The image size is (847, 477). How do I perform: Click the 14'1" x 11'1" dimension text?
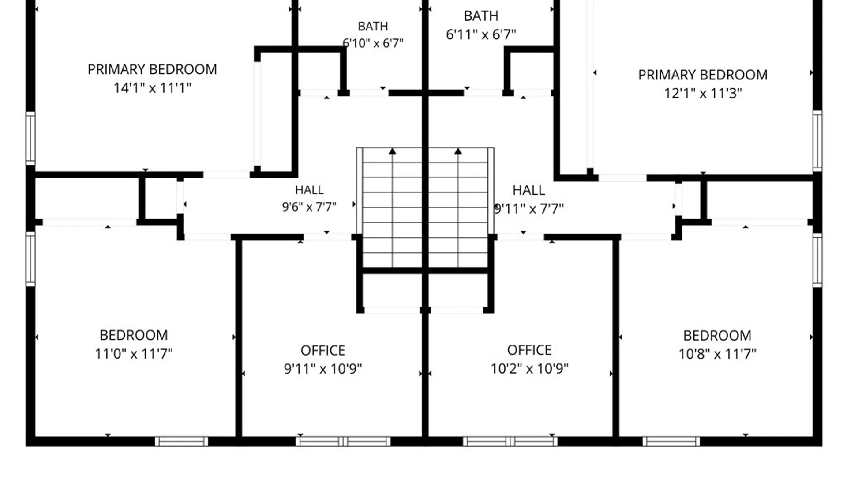[152, 88]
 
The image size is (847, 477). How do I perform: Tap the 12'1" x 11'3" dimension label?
[703, 93]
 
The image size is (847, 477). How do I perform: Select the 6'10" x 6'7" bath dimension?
[373, 43]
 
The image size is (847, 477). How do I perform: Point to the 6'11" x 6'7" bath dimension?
[481, 34]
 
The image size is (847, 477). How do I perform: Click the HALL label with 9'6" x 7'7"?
[309, 190]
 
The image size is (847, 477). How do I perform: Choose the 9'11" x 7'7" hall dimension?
[529, 208]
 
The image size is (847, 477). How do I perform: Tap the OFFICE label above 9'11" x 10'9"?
[323, 350]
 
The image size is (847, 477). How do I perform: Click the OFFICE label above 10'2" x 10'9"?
[529, 350]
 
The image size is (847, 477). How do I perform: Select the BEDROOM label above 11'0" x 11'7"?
[134, 335]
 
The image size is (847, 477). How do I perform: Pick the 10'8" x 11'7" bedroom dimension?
[717, 354]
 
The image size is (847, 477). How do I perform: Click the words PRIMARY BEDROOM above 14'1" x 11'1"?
[152, 69]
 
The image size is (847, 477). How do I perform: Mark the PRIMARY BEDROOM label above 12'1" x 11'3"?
[703, 75]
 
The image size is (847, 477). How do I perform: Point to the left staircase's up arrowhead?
[392, 151]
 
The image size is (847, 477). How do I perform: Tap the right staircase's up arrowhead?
[458, 151]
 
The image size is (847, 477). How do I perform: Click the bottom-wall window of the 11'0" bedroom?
[181, 441]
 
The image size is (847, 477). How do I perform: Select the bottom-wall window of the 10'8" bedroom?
[671, 441]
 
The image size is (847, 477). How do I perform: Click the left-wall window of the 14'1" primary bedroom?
[30, 138]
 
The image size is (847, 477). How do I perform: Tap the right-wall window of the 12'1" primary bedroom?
[817, 141]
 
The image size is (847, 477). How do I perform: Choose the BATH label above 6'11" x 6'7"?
[481, 16]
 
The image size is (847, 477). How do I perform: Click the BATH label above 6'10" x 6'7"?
[373, 26]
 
